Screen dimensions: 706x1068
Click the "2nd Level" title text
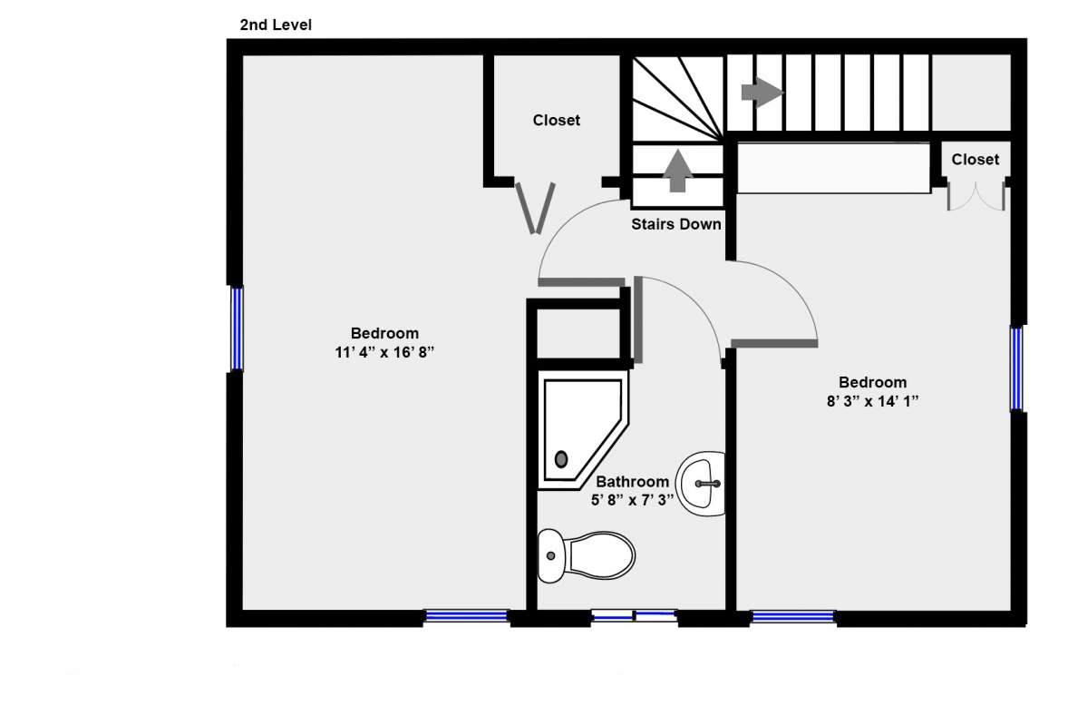coord(276,25)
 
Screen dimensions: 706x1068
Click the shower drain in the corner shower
coord(561,459)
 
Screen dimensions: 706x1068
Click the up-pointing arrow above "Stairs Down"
coord(676,171)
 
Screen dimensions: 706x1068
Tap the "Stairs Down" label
coord(676,224)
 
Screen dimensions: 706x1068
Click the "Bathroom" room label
coord(632,482)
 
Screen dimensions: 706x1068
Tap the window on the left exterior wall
coord(237,328)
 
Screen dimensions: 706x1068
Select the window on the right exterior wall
coord(1016,368)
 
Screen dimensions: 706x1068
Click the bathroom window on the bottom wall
coord(634,616)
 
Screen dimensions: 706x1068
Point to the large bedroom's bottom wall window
coord(466,616)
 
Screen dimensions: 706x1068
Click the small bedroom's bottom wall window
coord(792,616)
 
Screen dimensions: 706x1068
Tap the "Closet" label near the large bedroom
coord(556,120)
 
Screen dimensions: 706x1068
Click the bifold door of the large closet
coord(535,207)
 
